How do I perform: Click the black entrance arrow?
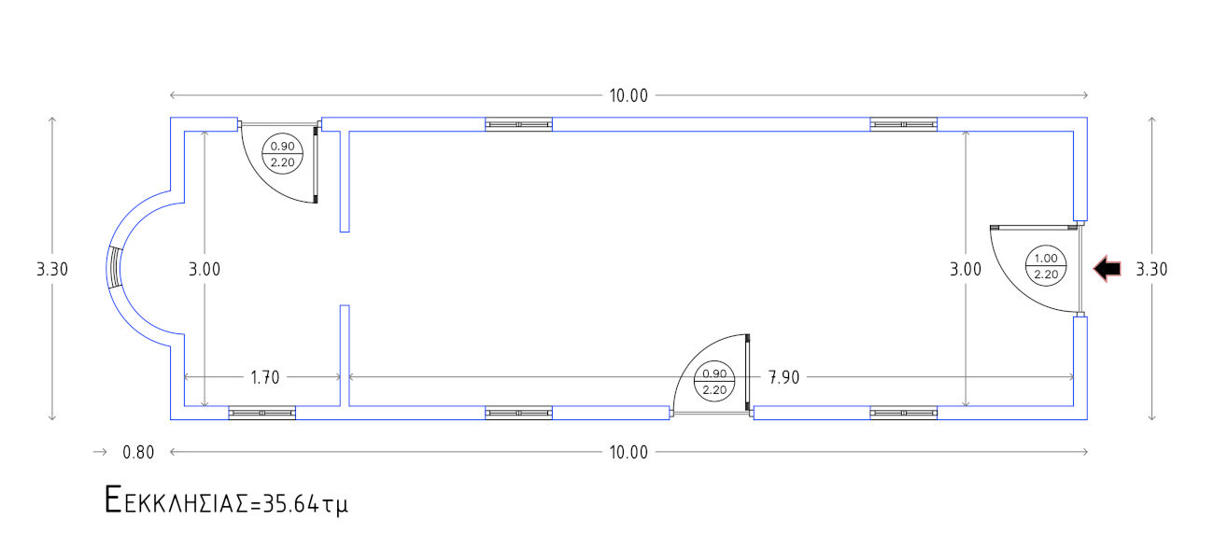[1107, 269]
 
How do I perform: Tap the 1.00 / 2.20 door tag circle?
[1046, 266]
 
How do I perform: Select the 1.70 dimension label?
[265, 377]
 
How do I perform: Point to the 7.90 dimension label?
[783, 377]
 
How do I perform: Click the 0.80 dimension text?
[138, 452]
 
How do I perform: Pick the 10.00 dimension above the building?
[628, 96]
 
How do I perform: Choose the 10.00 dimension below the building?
[628, 452]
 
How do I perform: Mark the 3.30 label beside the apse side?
[52, 270]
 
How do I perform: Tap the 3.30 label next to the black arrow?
[1151, 270]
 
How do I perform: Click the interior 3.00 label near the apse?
[205, 270]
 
